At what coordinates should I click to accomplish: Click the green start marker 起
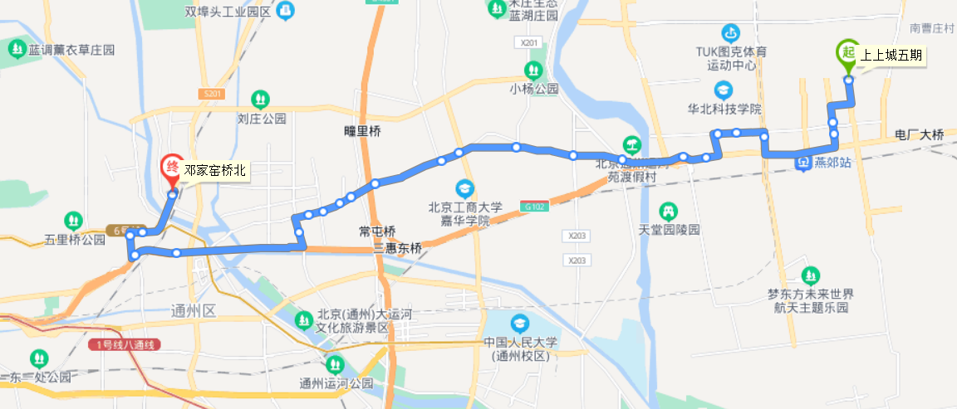coord(847,52)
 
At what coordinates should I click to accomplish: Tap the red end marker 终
coord(172,167)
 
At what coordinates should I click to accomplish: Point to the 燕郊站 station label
coord(833,163)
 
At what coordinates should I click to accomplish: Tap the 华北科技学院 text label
coord(724,109)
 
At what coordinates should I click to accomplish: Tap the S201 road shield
coord(212,95)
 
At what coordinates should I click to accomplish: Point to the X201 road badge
coord(527,42)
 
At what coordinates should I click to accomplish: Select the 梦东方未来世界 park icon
coord(810,275)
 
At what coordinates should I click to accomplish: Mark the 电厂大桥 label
coord(920,134)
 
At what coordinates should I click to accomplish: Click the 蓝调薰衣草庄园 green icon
coord(17,50)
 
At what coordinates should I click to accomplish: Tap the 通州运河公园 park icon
coord(336,364)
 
